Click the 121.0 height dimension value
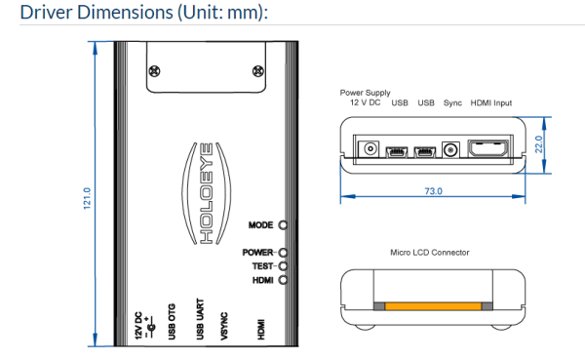87,198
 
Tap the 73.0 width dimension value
433,191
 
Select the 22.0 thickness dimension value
539,144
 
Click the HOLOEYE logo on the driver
207,193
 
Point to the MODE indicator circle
283,225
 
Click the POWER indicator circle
283,253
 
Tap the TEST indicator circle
283,266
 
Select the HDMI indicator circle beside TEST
283,280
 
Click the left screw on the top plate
154,71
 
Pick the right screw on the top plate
258,71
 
